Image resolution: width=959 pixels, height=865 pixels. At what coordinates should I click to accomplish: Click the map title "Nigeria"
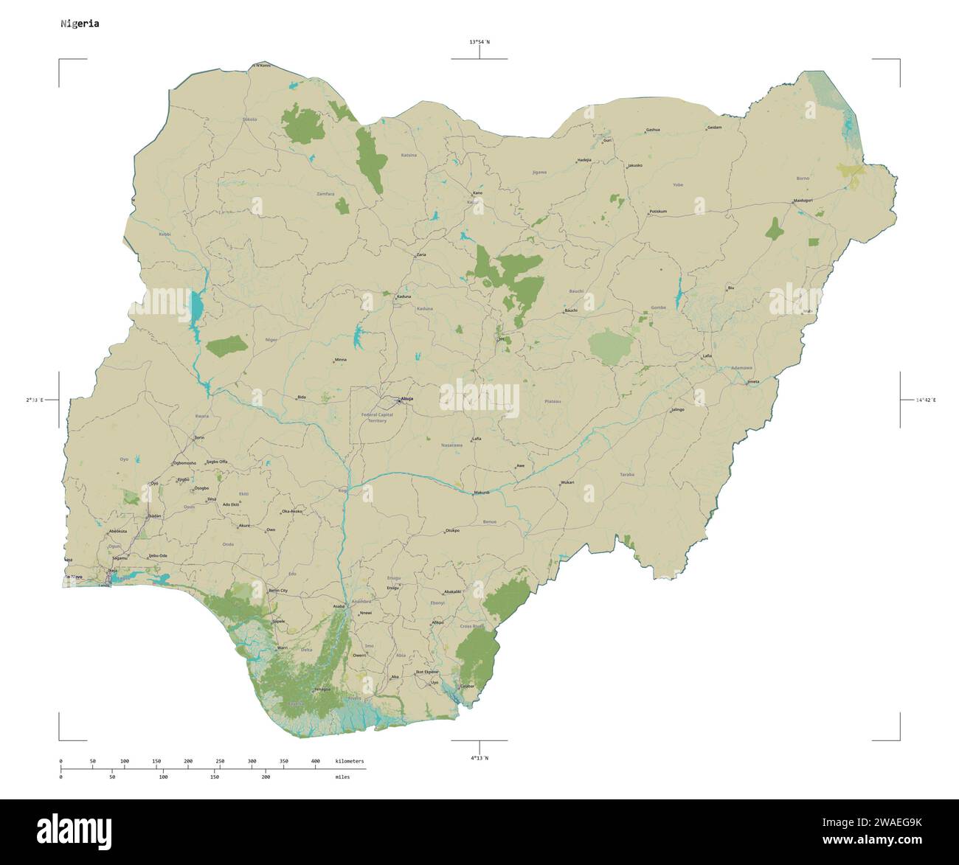tap(80, 24)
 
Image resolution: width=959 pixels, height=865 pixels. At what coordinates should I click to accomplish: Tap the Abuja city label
tap(406, 399)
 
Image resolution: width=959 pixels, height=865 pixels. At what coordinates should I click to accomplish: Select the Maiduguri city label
tap(803, 200)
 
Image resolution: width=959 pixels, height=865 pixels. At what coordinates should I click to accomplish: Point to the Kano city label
tap(477, 193)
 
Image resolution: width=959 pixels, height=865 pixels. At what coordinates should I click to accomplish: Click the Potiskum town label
tap(657, 212)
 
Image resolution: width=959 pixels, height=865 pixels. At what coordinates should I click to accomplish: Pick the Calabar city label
tap(466, 686)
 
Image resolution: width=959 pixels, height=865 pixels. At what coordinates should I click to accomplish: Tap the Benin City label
tap(278, 591)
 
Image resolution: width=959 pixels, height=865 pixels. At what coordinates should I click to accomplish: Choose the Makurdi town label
tap(482, 493)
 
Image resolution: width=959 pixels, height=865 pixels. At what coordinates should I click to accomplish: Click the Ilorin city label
tap(198, 437)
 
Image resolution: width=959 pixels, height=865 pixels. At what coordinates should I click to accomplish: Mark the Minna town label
tap(340, 360)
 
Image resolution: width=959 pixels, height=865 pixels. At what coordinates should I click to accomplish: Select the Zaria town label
tap(421, 254)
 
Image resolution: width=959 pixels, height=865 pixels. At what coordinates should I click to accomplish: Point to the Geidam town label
tap(714, 128)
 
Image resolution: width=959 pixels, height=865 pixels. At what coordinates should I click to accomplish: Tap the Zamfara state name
tap(325, 194)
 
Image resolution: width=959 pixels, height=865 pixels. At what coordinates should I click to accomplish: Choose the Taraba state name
tap(627, 474)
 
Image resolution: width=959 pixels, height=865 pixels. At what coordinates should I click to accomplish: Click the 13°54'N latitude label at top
tap(479, 42)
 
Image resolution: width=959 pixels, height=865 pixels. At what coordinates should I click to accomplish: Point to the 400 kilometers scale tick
tap(315, 760)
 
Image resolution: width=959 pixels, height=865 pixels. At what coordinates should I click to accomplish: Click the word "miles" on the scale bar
tap(341, 777)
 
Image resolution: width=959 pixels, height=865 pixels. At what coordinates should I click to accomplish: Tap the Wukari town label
tap(567, 482)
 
